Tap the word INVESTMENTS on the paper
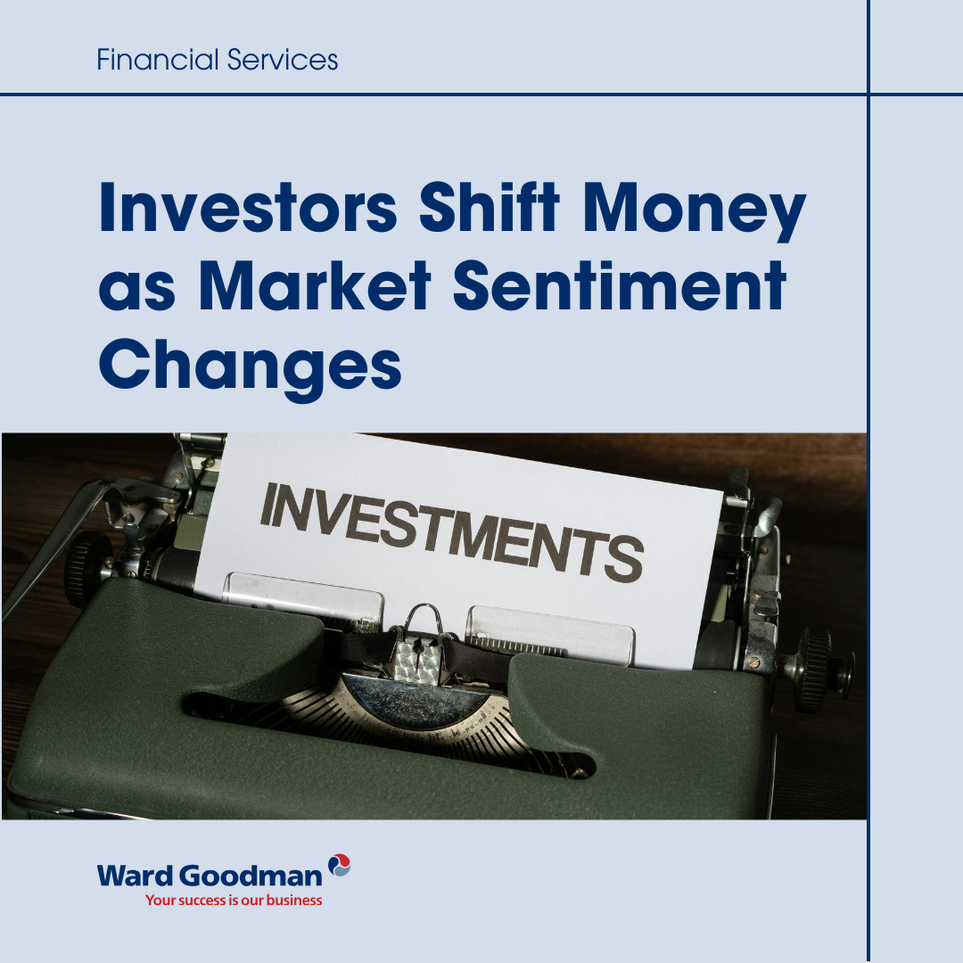coord(450,526)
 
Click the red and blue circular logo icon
coord(340,864)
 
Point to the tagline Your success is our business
coord(234,901)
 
